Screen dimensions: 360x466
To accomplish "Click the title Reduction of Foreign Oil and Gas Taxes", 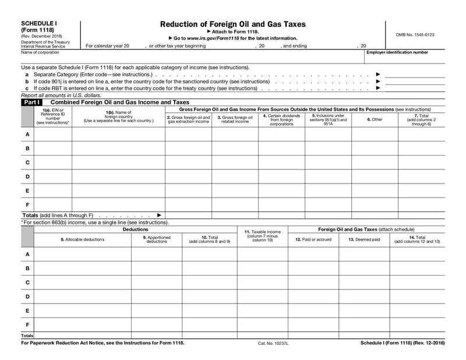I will point(232,24).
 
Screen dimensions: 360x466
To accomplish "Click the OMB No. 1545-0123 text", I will point(415,34).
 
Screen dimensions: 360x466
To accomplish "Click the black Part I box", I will point(30,102).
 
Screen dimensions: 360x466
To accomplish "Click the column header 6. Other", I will point(375,119).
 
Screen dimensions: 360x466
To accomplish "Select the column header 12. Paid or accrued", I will point(313,239).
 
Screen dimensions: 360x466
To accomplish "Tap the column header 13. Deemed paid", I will point(364,239).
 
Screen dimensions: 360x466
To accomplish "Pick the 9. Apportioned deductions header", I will point(157,239).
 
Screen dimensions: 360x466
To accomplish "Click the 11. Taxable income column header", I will point(262,236).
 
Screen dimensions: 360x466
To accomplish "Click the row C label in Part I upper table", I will point(27,162).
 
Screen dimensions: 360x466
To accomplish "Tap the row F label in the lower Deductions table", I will point(27,324).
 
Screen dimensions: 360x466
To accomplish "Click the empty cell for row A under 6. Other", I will point(375,134).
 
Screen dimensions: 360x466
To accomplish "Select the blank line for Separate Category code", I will point(415,75).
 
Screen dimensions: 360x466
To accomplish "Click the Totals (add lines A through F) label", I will point(57,216).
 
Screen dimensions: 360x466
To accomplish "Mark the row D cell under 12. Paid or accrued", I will point(313,297).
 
